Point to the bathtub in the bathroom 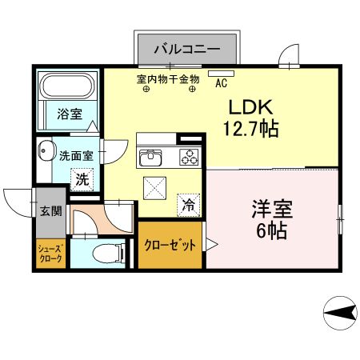[x=67, y=86]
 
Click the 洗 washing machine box [x=82, y=180]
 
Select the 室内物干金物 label [x=168, y=79]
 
